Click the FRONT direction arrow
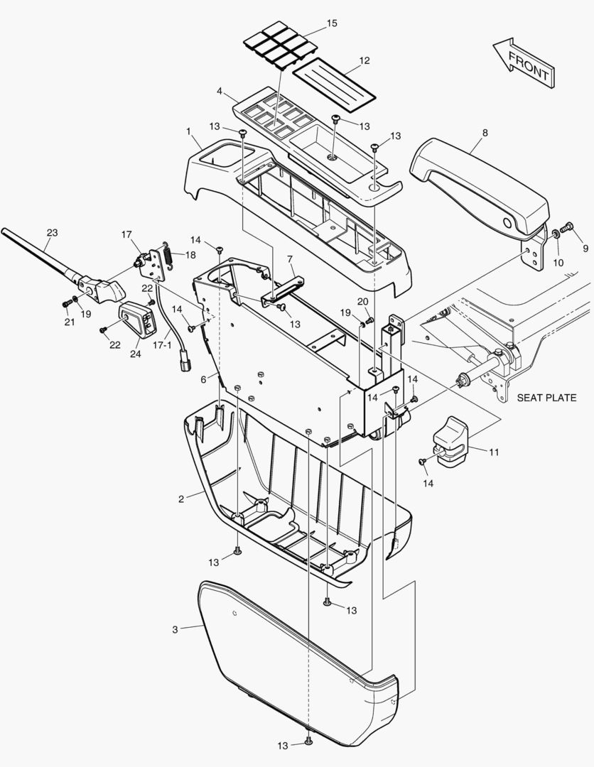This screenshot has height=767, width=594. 522,63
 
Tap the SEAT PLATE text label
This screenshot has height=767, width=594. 546,398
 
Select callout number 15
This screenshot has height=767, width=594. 332,24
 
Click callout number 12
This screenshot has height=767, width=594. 364,61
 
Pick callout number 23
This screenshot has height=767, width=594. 52,232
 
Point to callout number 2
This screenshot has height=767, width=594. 181,499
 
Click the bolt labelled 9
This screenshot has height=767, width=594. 567,229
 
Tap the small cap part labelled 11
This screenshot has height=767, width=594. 448,442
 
